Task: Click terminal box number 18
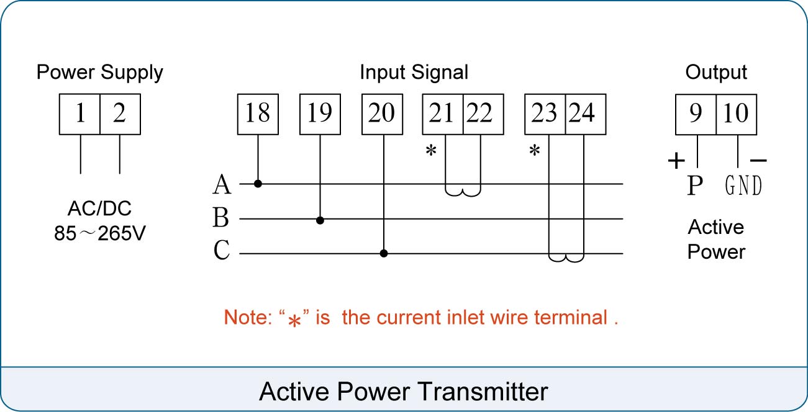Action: coord(258,114)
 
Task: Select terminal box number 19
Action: coord(320,114)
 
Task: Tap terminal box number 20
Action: coord(382,114)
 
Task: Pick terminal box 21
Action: coord(443,114)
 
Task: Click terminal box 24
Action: coord(586,114)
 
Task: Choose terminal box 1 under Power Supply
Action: coord(79,114)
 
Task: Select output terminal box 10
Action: coord(737,114)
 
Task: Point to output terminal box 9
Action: coord(696,114)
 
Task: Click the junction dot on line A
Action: coord(258,184)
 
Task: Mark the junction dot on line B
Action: coord(320,220)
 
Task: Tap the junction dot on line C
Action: coord(384,253)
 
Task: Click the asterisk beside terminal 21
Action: coord(431,150)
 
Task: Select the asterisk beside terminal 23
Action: coord(535,150)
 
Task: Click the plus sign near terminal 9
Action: coord(676,161)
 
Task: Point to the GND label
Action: coord(743,186)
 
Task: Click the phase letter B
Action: coord(220,217)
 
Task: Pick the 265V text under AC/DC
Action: coord(122,233)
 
